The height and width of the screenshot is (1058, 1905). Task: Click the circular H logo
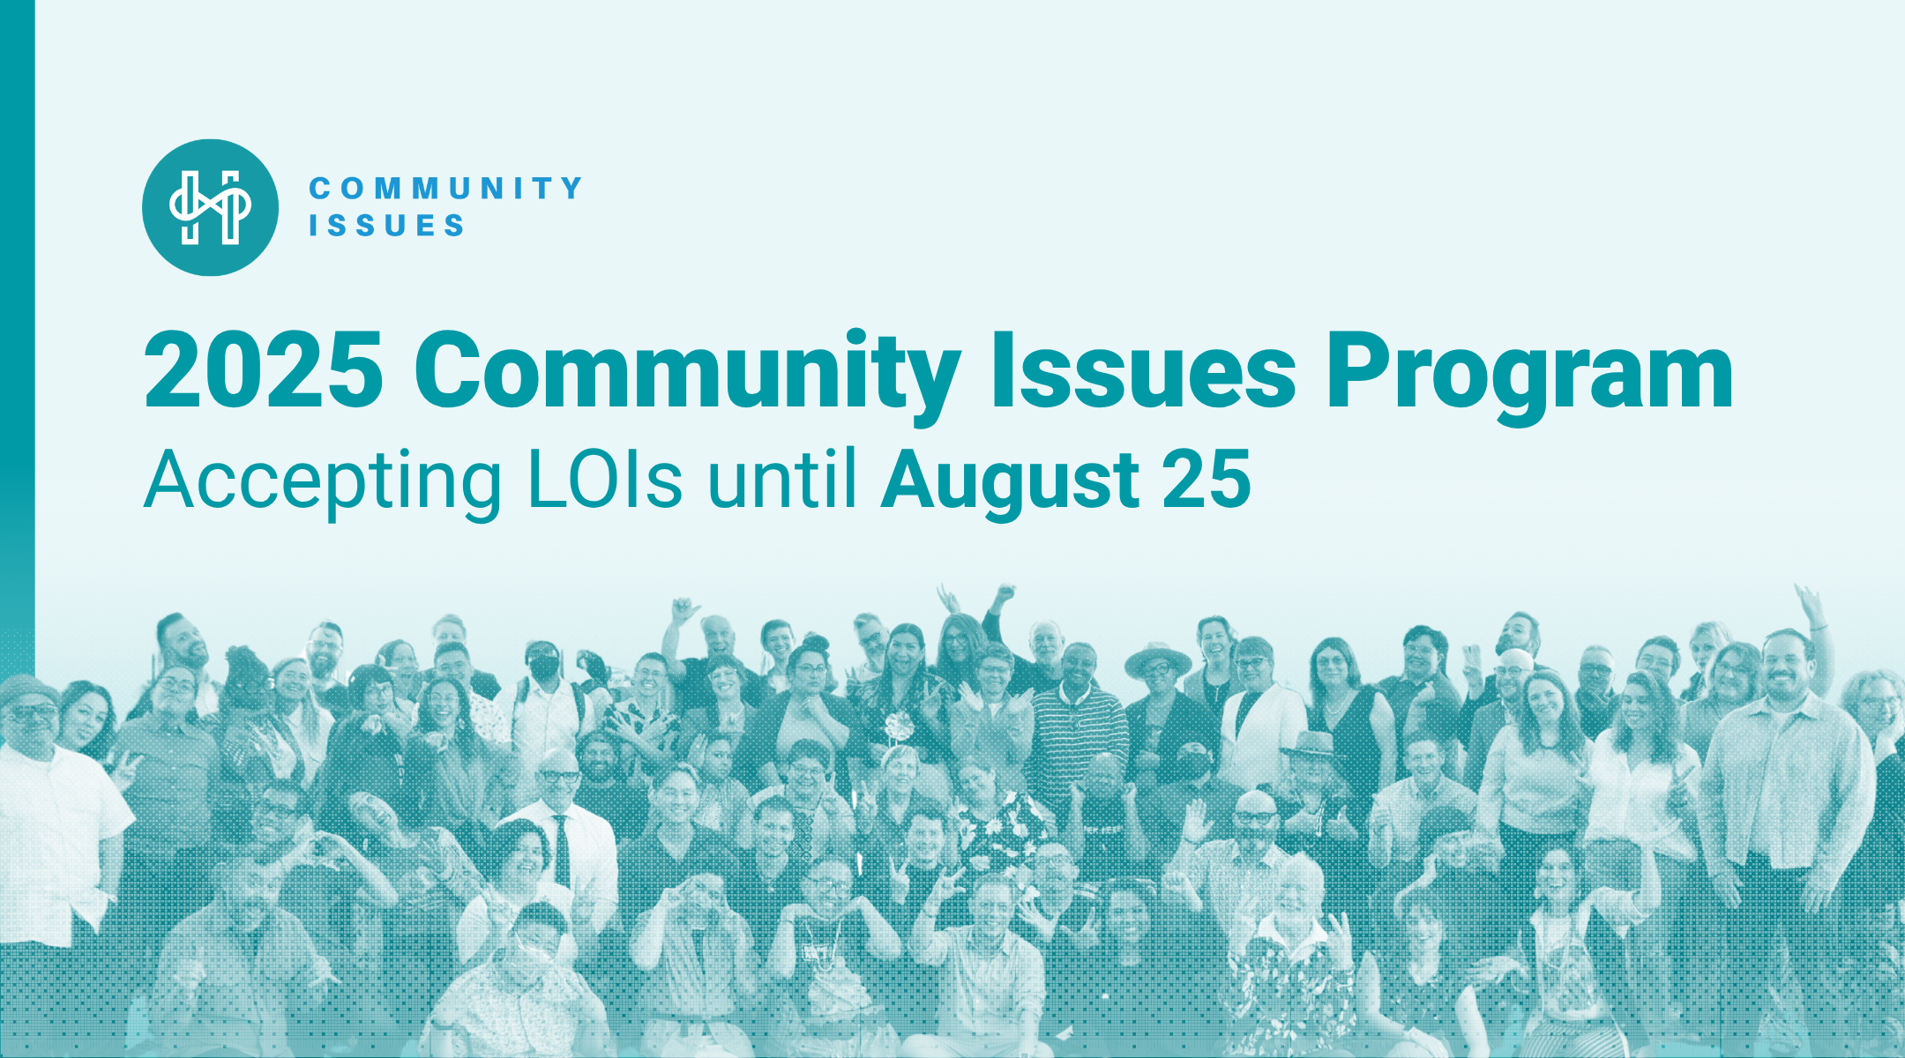[x=210, y=207]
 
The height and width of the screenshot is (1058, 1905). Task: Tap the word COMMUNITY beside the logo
[x=445, y=188]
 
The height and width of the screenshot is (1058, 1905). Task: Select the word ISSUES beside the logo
[x=386, y=226]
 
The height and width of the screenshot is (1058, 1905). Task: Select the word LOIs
[x=605, y=480]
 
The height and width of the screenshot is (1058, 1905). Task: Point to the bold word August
[x=1009, y=483]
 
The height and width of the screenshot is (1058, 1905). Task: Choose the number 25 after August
[x=1206, y=480]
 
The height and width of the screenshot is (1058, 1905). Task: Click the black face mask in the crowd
[x=543, y=667]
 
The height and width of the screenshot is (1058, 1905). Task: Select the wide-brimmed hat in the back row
[x=1157, y=658]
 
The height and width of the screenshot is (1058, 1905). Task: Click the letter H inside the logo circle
[x=210, y=207]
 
